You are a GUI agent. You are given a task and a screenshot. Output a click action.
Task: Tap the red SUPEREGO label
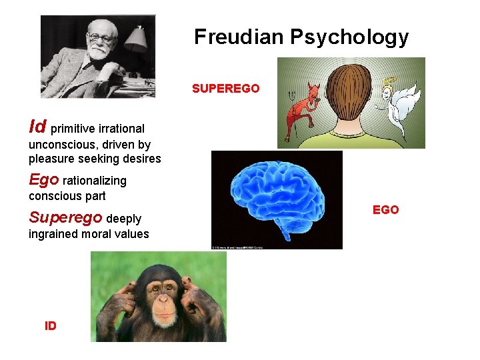point(225,89)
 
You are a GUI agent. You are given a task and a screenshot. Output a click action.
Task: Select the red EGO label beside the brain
point(385,210)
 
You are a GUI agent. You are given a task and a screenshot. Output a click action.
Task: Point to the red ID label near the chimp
point(51,326)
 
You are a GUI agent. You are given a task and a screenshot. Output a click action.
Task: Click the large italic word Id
point(37,126)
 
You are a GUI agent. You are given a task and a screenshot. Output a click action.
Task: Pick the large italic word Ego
point(43,179)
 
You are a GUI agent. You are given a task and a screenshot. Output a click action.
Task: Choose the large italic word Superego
point(65,217)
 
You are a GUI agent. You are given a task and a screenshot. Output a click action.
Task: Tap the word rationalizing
point(95,181)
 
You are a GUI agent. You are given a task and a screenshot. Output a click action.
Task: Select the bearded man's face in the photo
point(102,41)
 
